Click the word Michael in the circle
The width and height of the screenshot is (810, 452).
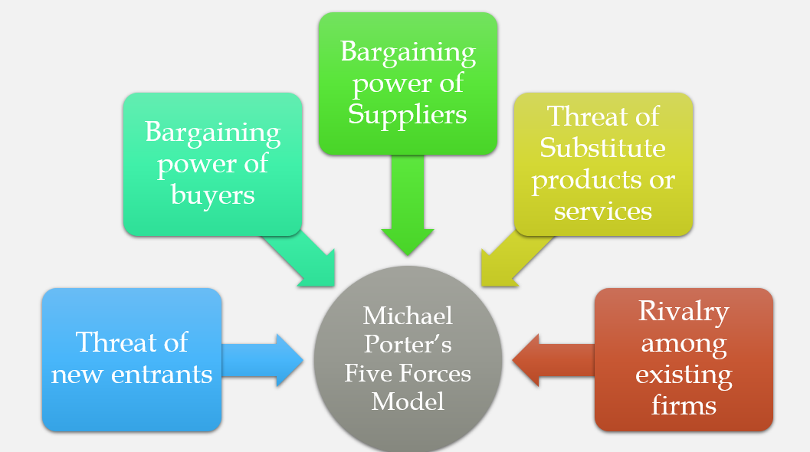click(x=408, y=315)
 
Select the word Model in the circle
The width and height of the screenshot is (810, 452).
click(x=408, y=401)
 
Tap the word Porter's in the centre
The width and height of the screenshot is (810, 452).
click(x=408, y=344)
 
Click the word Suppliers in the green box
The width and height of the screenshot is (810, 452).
click(x=407, y=114)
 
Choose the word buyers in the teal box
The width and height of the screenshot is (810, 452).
click(x=212, y=194)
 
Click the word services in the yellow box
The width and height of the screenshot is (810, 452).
click(x=602, y=210)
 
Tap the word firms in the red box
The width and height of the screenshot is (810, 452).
click(x=684, y=405)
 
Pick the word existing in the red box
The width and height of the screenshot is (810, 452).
click(x=684, y=375)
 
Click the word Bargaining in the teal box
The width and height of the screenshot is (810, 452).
click(x=212, y=132)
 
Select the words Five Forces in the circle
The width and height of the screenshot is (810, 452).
click(x=408, y=372)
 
